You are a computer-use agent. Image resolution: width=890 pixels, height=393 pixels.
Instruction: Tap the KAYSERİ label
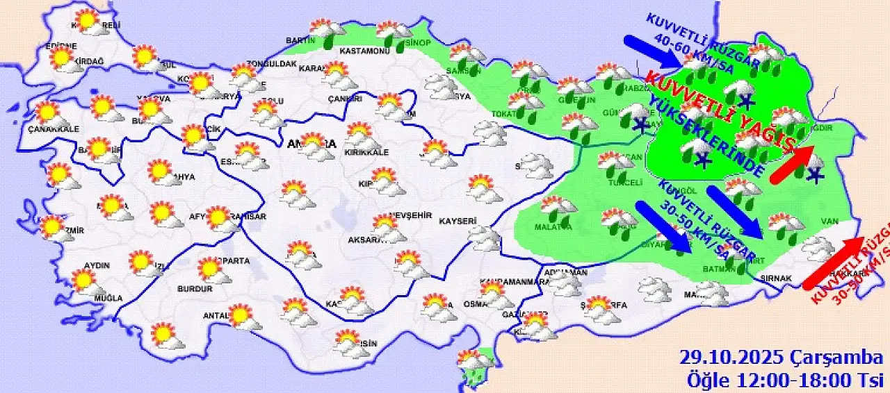458,221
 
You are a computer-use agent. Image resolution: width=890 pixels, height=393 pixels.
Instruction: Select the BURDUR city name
195,289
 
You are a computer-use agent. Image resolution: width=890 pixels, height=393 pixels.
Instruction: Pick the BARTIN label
300,40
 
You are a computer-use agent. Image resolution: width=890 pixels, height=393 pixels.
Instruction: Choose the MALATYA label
553,227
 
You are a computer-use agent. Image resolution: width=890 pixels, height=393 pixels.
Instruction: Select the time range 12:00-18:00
789,381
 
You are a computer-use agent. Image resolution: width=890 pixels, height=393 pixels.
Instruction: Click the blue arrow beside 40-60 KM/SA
654,52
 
